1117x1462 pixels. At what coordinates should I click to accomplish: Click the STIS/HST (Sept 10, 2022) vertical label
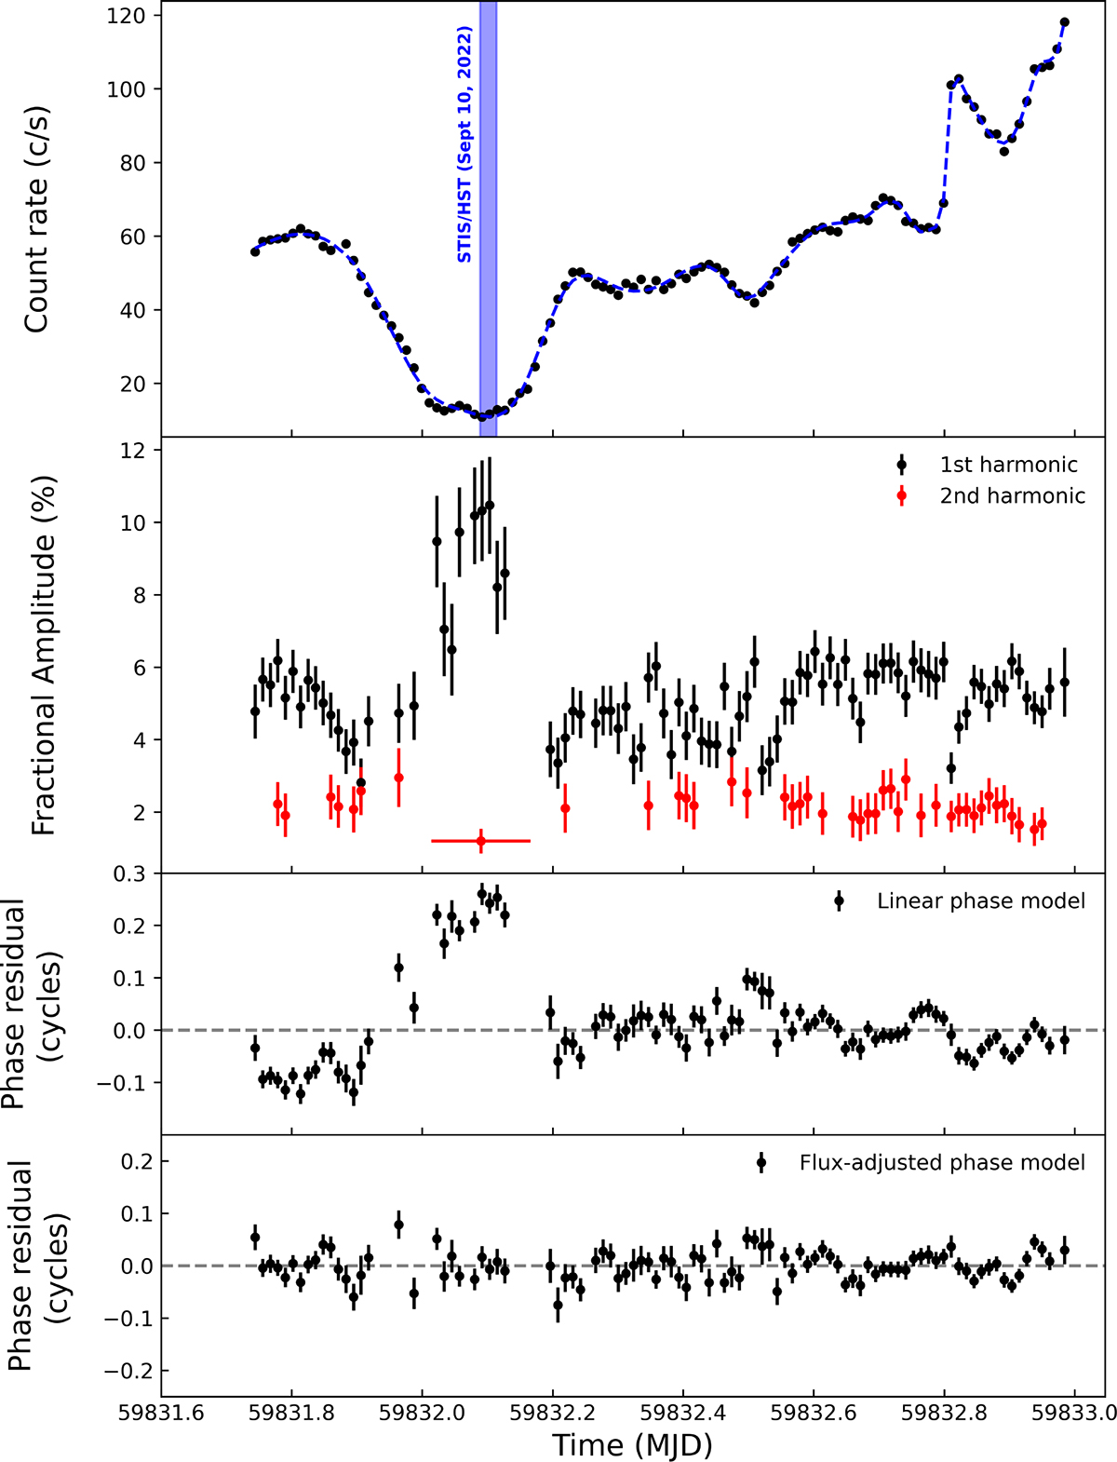(x=464, y=144)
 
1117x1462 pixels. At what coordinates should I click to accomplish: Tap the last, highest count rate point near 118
(x=1065, y=22)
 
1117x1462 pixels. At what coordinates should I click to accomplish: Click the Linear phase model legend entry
(x=980, y=901)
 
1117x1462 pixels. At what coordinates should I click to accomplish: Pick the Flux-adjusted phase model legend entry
(x=941, y=1162)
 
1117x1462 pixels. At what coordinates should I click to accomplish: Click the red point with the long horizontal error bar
(x=481, y=841)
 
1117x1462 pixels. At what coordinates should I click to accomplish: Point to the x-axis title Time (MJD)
(x=632, y=1444)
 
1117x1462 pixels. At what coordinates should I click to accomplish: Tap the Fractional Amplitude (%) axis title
(x=44, y=656)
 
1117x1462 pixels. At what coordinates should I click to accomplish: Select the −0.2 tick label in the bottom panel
(x=126, y=1371)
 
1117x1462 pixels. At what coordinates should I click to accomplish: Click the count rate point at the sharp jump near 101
(x=951, y=85)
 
